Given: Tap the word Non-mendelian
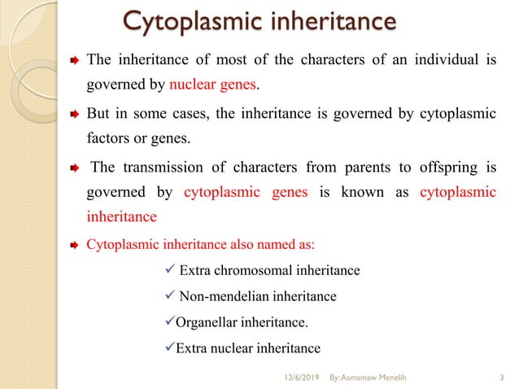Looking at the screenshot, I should [x=215, y=296].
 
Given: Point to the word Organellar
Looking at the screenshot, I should [x=207, y=322].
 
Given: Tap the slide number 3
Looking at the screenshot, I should [x=498, y=376].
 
